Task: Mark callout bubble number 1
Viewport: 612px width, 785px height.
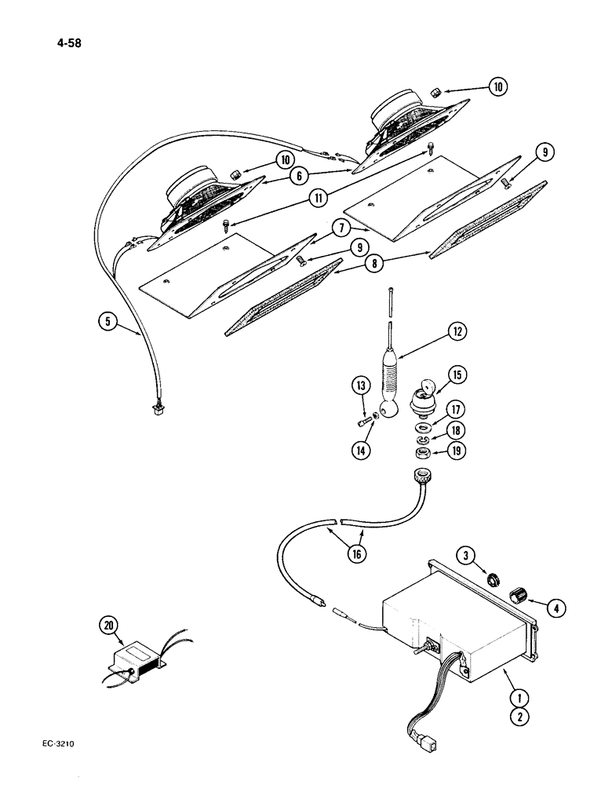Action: (516, 696)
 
